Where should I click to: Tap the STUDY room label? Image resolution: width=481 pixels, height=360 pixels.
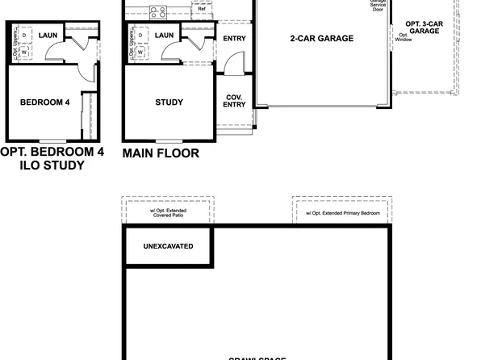(x=169, y=103)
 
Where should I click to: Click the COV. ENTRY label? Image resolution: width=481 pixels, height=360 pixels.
(x=234, y=100)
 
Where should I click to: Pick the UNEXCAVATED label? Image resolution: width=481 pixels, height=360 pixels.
(x=168, y=245)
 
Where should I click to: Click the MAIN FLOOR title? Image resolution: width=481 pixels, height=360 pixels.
(x=161, y=153)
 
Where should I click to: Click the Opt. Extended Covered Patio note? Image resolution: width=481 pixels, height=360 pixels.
(x=169, y=213)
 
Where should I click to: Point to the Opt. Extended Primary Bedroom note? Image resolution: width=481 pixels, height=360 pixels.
(x=341, y=214)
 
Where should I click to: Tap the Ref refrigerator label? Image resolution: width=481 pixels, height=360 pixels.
(x=202, y=9)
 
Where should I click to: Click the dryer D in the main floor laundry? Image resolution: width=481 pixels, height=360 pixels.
(x=140, y=36)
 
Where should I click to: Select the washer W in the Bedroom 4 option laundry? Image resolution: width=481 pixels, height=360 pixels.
(x=24, y=52)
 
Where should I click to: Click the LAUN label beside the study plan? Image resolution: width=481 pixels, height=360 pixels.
(x=165, y=36)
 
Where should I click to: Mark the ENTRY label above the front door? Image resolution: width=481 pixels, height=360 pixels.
(x=234, y=38)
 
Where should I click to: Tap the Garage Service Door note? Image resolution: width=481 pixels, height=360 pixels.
(x=378, y=4)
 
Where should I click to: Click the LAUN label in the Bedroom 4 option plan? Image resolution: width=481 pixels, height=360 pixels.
(x=48, y=36)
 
